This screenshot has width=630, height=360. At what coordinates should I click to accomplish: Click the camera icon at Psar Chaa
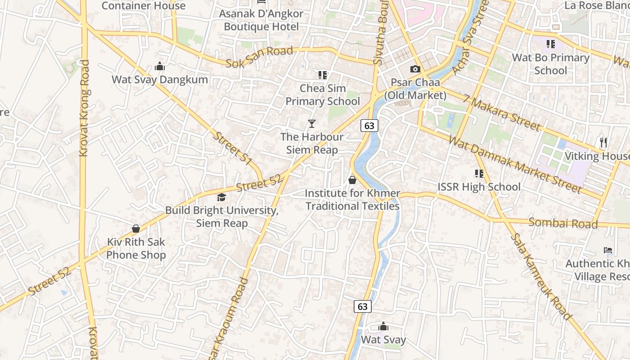[x=415, y=69]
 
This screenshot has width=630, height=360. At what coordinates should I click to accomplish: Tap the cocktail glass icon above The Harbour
[x=311, y=123]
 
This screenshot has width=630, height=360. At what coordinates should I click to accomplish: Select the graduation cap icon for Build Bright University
[x=221, y=197]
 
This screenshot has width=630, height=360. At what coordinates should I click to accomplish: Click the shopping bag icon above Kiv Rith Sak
[x=136, y=229]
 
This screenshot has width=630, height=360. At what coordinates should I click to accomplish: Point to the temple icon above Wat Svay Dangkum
[x=160, y=67]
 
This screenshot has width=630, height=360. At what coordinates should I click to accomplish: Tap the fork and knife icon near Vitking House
[x=603, y=143]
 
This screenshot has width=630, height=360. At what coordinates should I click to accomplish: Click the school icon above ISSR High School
[x=479, y=173]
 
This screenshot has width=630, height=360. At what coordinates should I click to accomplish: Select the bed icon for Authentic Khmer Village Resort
[x=607, y=250]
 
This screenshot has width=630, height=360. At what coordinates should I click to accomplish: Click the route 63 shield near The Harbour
[x=369, y=126]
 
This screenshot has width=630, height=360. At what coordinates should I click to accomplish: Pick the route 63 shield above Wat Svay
[x=363, y=306]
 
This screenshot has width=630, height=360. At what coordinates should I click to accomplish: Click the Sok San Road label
[x=259, y=57]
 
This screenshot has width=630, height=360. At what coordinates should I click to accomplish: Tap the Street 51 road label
[x=232, y=148]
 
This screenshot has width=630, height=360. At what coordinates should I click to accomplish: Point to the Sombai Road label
[x=563, y=223]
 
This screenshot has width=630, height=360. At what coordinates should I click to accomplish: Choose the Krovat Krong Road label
[x=84, y=108]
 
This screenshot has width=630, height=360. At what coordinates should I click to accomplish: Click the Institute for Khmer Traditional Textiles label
[x=352, y=200]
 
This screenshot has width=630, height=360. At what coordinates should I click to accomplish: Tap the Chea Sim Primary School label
[x=323, y=94]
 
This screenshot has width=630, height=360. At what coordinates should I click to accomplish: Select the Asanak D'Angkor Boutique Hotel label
[x=261, y=20]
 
